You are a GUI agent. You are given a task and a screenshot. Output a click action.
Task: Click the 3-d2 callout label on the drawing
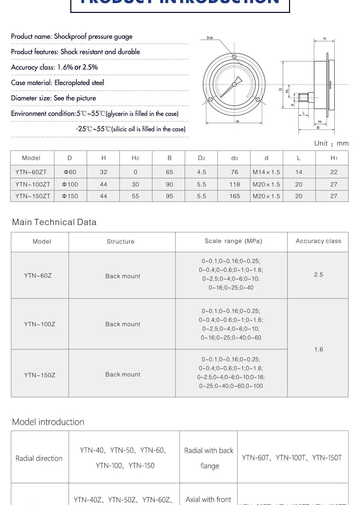[210, 38]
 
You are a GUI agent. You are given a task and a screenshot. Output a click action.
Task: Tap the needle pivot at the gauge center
[234, 84]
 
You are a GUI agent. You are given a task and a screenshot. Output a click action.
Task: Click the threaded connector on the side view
[303, 98]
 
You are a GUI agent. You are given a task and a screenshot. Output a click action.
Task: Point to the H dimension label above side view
[325, 39]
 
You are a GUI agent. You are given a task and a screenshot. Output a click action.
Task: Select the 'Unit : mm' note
[331, 143]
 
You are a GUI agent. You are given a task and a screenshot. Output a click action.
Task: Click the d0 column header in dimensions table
[234, 158]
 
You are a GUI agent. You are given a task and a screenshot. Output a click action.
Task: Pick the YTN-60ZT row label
[31, 172]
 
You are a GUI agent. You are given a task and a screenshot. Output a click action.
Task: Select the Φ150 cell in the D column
[70, 196]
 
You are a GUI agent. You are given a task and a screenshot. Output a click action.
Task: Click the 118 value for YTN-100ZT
[234, 184]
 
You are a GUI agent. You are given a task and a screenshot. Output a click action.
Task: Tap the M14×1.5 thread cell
[266, 172]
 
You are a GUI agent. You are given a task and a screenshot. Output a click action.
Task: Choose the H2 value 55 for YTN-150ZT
[135, 196]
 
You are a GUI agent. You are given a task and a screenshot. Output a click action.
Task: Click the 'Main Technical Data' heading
[54, 222]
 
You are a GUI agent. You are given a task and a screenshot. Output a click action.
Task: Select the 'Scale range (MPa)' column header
[233, 241]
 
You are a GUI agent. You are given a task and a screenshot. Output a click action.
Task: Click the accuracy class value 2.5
[318, 275]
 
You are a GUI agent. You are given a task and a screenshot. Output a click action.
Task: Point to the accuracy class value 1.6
[319, 349]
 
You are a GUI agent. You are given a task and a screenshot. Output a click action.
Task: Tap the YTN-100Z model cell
[40, 324]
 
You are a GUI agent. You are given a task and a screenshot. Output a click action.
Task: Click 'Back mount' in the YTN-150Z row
[123, 375]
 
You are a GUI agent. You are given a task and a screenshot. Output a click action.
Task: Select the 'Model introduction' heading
[48, 422]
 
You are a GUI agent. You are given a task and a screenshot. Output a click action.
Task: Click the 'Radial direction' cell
[39, 458]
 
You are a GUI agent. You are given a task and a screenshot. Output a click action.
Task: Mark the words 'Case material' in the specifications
[32, 83]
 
